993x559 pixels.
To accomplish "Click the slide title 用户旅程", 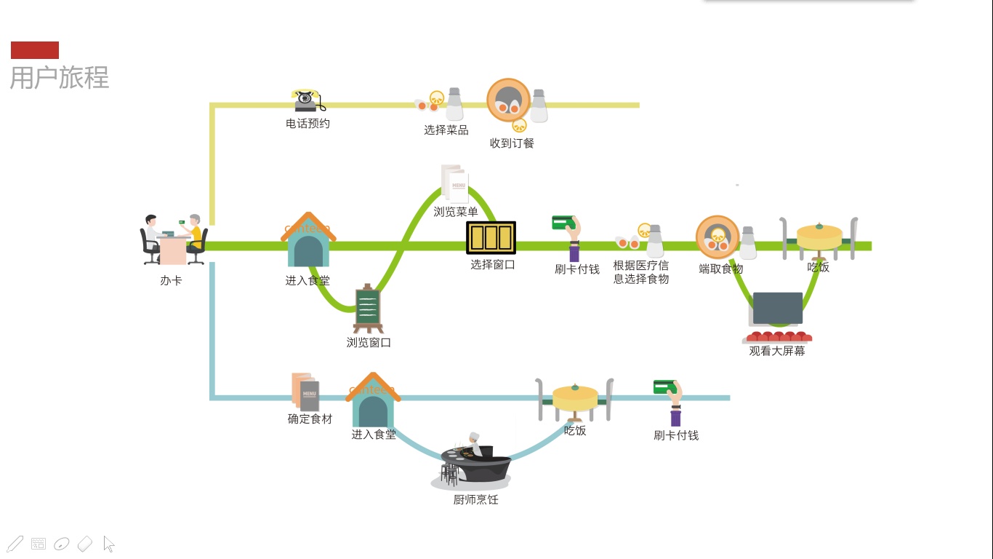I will tap(60, 77).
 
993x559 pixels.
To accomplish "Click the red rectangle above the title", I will tap(35, 50).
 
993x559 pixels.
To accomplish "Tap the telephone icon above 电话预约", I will tap(308, 100).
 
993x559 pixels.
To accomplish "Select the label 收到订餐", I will tap(512, 143).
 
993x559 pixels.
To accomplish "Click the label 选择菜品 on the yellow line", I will tap(446, 130).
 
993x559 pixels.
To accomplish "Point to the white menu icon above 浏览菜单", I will tap(455, 183).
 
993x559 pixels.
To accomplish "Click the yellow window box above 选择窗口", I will tap(491, 238).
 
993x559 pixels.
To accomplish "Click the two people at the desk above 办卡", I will tap(174, 240).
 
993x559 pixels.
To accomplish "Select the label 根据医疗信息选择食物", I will tap(640, 272).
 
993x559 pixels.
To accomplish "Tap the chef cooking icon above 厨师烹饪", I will tap(473, 461).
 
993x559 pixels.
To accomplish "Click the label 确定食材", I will tap(310, 419).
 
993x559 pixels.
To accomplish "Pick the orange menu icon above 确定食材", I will tap(305, 392).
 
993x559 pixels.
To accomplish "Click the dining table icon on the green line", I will tap(819, 238).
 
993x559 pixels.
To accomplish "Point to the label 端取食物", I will tap(721, 269).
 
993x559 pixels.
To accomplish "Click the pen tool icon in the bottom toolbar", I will tap(15, 544).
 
